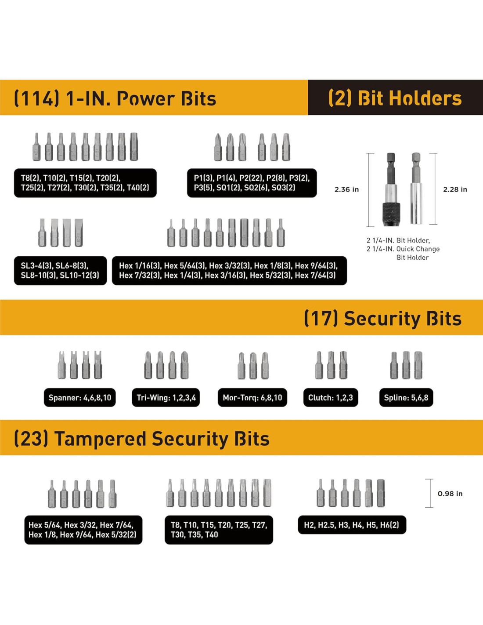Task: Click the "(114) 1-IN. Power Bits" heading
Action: [115, 98]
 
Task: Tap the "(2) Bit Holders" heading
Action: [395, 98]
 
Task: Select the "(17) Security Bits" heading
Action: [382, 318]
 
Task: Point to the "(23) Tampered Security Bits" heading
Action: [141, 439]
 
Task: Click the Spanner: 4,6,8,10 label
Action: [79, 398]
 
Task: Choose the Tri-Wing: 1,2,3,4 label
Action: [166, 398]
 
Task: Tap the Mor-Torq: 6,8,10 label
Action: [252, 398]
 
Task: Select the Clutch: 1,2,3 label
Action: [330, 398]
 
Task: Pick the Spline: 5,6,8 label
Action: [406, 398]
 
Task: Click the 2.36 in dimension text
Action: [346, 189]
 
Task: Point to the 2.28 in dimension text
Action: [455, 189]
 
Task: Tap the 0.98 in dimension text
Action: [450, 494]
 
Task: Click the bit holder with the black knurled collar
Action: [391, 190]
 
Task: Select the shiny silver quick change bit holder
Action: [416, 189]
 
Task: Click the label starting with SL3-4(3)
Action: [60, 271]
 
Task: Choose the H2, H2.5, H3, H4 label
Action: [352, 525]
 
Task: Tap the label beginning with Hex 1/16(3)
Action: [229, 271]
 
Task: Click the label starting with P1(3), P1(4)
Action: [252, 183]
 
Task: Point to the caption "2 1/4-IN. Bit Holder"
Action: [398, 240]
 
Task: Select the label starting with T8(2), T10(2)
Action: [85, 183]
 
